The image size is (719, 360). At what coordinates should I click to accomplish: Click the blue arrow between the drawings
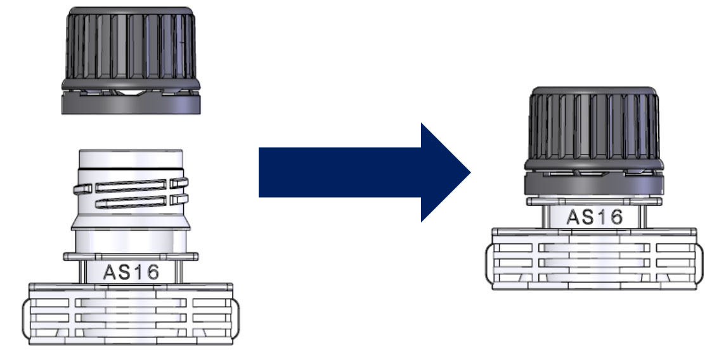pos(365,172)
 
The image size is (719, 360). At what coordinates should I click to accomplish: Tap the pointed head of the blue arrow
pos(470,172)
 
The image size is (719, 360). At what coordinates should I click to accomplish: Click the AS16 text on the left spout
pos(131,273)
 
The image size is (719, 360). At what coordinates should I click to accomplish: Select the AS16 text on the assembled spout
pos(595,217)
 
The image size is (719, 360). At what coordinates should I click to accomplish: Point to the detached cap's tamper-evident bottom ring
pos(131,102)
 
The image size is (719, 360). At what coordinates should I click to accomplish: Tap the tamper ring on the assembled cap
pos(594,183)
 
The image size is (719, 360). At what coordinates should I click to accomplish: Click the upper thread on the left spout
pos(131,186)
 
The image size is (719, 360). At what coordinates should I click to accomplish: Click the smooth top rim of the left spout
pos(131,159)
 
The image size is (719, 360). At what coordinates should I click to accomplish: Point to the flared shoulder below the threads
pos(131,222)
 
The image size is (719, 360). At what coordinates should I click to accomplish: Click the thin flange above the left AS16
pos(131,256)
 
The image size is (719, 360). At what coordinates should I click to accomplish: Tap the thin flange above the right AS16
pos(595,201)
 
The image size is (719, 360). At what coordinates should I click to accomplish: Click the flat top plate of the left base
pos(131,287)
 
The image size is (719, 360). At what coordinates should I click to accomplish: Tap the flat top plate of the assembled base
pos(594,232)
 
